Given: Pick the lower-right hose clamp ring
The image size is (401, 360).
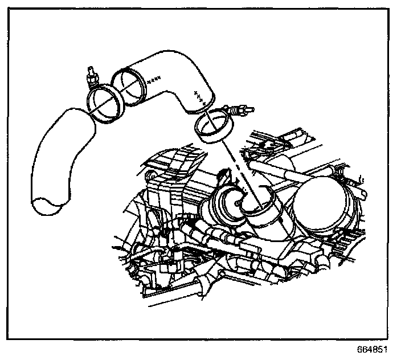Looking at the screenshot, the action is click(x=212, y=126).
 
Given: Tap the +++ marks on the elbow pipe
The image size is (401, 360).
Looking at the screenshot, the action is click(x=199, y=96).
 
